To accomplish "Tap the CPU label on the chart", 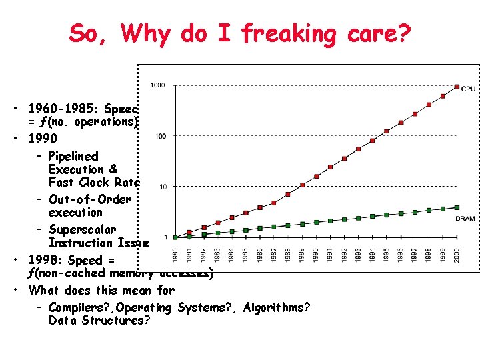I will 469,89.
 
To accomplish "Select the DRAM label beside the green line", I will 465,218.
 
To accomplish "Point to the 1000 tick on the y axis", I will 158,85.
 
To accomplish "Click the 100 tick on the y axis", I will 160,136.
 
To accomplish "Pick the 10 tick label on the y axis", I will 163,187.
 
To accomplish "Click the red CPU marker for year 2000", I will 457,87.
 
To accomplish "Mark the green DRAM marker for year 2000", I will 457,207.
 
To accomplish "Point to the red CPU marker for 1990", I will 316,177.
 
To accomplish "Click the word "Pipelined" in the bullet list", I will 73,156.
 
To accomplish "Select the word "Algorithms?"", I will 277,307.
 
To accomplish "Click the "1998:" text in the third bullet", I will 47,260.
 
